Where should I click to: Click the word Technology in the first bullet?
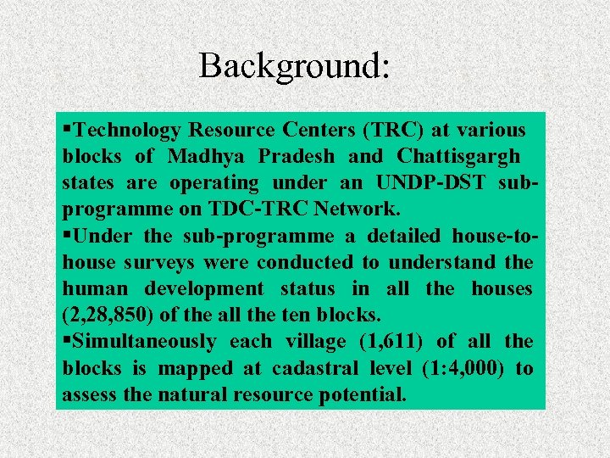coord(127,131)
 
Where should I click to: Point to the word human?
coord(92,288)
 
